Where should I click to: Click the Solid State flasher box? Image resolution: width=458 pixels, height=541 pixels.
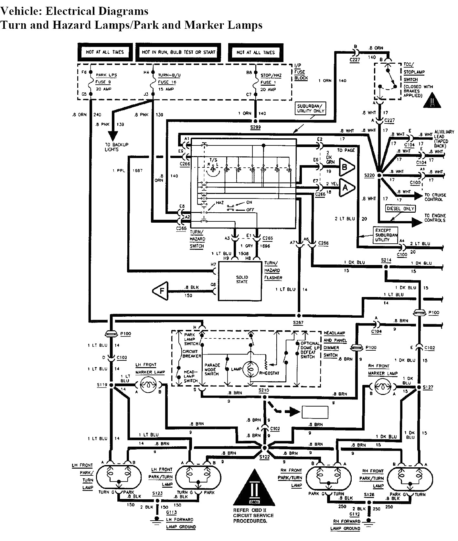click(x=240, y=281)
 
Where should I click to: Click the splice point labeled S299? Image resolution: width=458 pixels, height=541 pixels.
click(x=255, y=121)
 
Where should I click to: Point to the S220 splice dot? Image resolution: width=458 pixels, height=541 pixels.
click(x=380, y=175)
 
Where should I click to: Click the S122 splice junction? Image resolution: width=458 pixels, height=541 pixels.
click(x=265, y=448)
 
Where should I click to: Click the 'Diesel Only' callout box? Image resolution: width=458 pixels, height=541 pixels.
click(x=400, y=208)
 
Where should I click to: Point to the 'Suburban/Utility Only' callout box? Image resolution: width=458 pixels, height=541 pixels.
click(x=310, y=108)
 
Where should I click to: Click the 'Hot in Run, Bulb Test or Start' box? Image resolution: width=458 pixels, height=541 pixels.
click(x=179, y=52)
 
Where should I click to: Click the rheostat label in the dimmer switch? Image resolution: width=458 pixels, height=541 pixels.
click(x=269, y=373)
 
